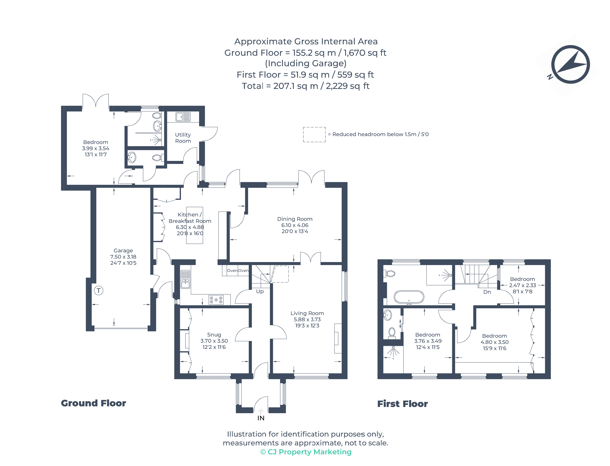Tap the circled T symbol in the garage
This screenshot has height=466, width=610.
point(99,290)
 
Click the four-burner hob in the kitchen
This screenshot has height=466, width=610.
point(216,300)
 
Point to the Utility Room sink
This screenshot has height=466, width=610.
point(183,117)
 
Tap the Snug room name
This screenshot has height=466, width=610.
point(214,335)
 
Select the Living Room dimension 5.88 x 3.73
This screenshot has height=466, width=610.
point(307,319)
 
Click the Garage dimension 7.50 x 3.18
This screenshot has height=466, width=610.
point(123,257)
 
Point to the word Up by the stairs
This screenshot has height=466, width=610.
point(260,291)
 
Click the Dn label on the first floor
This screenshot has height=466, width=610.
point(487,292)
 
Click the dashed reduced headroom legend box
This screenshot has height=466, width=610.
point(314,135)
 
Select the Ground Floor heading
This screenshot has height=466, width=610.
point(93,403)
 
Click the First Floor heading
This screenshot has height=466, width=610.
point(402,404)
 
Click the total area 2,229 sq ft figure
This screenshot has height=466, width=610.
point(347,86)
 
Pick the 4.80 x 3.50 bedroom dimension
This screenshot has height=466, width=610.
point(494,342)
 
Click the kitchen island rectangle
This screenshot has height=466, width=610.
point(194,225)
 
